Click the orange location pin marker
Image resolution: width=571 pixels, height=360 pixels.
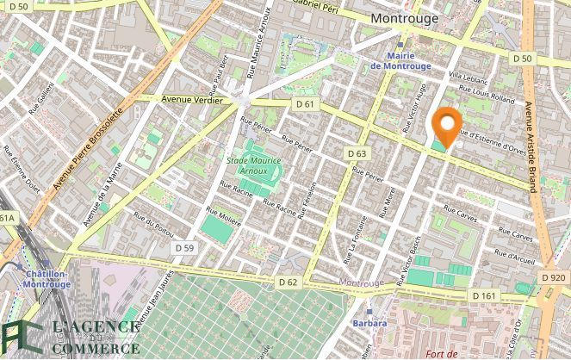tap(446, 127)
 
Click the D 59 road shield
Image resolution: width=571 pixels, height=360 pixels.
tap(184, 247)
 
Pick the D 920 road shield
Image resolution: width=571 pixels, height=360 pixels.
tap(555, 277)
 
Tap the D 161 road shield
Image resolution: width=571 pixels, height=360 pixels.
tap(484, 295)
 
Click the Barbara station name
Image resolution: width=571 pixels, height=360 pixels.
tap(369, 324)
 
